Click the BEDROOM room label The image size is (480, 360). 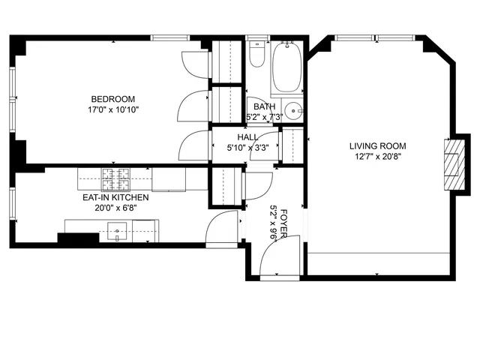point(112,99)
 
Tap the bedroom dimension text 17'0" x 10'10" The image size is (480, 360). point(112,109)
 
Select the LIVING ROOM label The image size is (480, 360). point(377,146)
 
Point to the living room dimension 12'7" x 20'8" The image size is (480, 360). point(377,157)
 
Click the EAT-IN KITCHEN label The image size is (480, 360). point(115,197)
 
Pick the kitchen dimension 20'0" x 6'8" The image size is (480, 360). point(115,208)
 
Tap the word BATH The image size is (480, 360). point(264,106)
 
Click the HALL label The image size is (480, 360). point(247,138)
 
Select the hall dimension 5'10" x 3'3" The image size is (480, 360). point(247,148)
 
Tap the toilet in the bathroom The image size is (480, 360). point(256,55)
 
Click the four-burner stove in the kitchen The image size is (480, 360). point(115,179)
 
